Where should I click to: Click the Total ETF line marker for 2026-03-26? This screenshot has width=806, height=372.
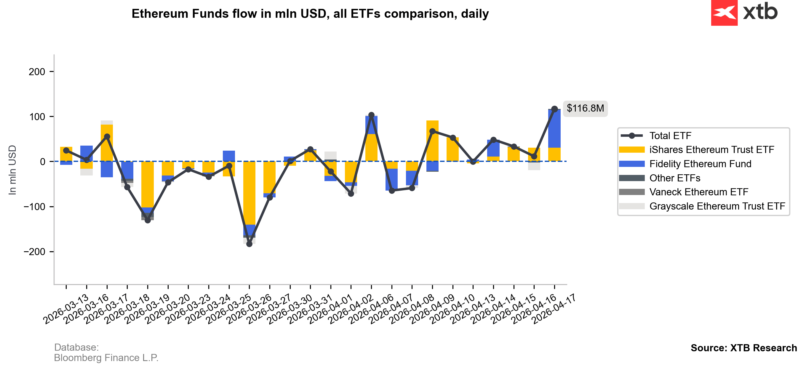[270, 198]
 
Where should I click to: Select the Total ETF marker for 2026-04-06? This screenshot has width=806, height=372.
[392, 191]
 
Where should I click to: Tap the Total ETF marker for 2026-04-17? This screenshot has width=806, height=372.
[554, 109]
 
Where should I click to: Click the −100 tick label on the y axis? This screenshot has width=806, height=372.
[34, 207]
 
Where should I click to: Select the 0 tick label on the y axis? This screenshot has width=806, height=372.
[43, 162]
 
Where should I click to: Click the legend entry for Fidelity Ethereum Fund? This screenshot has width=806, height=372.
[700, 164]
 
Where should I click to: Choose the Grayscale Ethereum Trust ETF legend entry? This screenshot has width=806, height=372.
[717, 206]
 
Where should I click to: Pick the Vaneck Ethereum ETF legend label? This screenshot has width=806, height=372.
[699, 192]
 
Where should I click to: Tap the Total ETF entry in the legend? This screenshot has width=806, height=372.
[670, 136]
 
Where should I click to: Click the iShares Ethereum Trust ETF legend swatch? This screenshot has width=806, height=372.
[632, 150]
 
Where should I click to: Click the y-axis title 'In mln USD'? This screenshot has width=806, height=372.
[12, 170]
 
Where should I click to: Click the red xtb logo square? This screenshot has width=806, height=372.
[724, 12]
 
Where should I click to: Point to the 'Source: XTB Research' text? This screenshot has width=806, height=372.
[744, 348]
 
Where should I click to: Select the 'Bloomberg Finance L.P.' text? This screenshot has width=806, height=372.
[106, 358]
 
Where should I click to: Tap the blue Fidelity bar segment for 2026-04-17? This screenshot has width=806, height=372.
[554, 128]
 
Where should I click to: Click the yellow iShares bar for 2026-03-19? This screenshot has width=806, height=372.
[148, 184]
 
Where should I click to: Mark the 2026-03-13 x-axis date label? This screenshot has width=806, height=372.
[66, 310]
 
